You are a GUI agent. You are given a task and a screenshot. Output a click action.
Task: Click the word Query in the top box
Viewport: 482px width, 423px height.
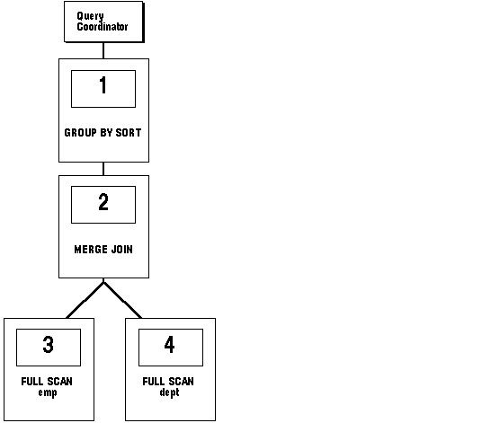click(x=90, y=16)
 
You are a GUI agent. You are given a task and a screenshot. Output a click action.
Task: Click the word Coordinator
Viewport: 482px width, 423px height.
click(x=103, y=27)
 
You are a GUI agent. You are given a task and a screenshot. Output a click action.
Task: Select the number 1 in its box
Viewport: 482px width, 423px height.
click(x=103, y=84)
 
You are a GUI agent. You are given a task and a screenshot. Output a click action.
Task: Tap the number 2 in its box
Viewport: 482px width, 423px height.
click(x=103, y=202)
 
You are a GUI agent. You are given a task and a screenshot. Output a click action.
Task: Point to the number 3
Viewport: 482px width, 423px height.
click(x=49, y=344)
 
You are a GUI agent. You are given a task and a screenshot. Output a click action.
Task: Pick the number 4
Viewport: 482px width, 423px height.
click(x=169, y=344)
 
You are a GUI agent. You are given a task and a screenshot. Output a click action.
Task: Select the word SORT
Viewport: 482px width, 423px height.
click(x=129, y=133)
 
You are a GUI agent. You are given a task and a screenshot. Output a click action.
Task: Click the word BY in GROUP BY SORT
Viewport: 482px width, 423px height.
click(x=106, y=133)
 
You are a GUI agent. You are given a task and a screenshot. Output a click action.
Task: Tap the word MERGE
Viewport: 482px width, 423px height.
click(x=91, y=250)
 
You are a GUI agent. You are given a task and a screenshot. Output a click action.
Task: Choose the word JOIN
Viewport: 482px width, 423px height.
click(x=122, y=250)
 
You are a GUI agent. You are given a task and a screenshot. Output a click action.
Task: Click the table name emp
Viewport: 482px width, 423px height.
click(x=48, y=393)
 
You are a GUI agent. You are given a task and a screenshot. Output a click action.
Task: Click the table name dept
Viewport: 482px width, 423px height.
click(x=169, y=392)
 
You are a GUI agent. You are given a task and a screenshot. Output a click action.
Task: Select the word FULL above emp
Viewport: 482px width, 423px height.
click(x=31, y=382)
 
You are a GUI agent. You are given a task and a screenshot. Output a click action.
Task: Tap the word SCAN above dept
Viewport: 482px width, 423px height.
click(x=181, y=382)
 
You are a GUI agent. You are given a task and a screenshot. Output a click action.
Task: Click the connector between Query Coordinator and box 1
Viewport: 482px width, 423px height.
click(x=103, y=50)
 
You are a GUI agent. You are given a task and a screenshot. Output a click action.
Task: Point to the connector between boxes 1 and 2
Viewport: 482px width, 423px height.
click(x=103, y=169)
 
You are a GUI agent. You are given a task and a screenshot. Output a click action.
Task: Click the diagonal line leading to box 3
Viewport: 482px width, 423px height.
click(x=85, y=300)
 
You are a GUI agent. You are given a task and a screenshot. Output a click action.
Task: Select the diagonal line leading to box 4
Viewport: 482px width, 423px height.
click(x=122, y=300)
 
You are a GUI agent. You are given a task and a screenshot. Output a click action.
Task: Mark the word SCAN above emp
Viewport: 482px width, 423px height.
click(x=59, y=382)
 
